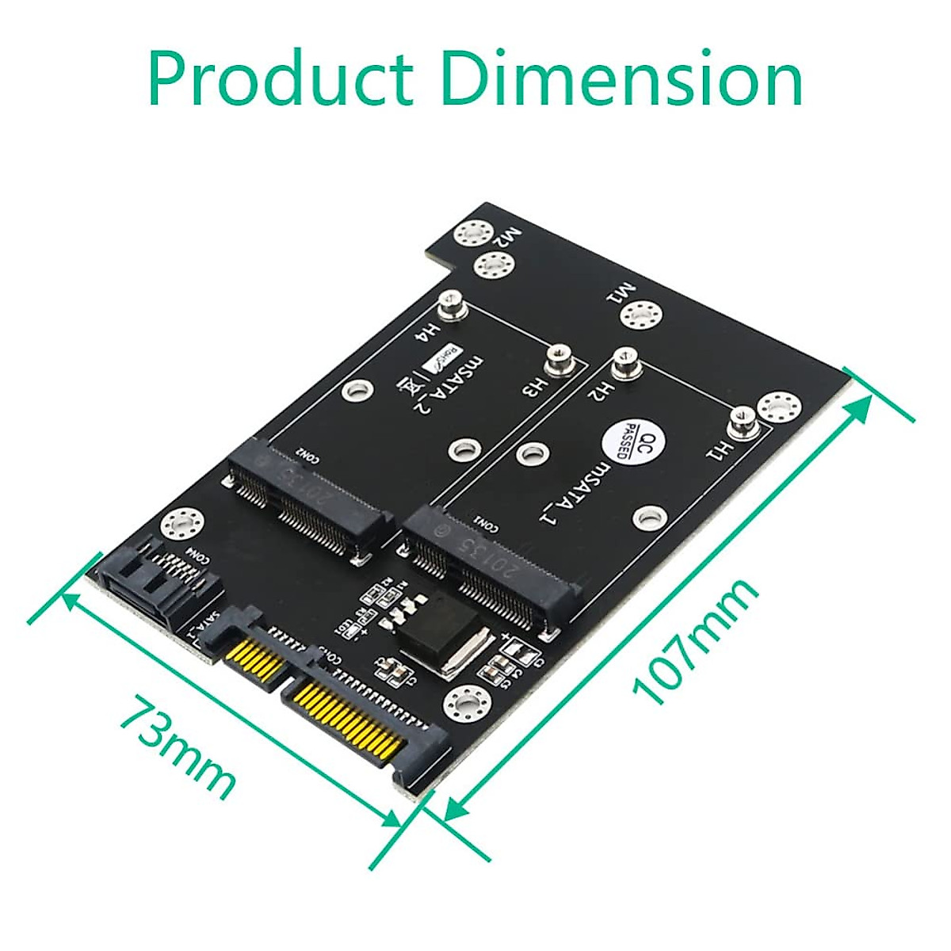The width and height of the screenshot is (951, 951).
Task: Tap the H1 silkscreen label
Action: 716,452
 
